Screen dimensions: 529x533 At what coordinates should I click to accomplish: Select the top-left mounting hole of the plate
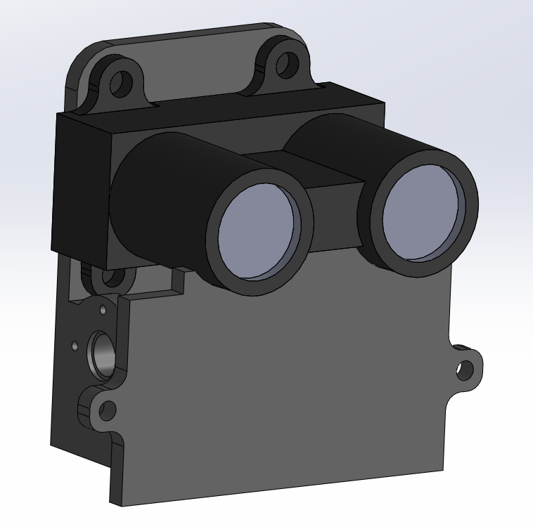tap(123, 83)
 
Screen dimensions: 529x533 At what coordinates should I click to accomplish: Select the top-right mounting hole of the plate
tap(285, 64)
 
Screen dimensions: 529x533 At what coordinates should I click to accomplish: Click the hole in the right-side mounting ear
tap(465, 367)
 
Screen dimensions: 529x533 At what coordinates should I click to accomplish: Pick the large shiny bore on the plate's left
tap(101, 355)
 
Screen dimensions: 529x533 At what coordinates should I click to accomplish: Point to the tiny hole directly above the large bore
tap(103, 309)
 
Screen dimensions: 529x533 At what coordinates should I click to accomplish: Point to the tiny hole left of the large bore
tap(75, 346)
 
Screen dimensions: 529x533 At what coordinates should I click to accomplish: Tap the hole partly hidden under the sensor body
tap(109, 277)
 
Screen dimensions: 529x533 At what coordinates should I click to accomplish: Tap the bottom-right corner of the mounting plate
tap(442, 466)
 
